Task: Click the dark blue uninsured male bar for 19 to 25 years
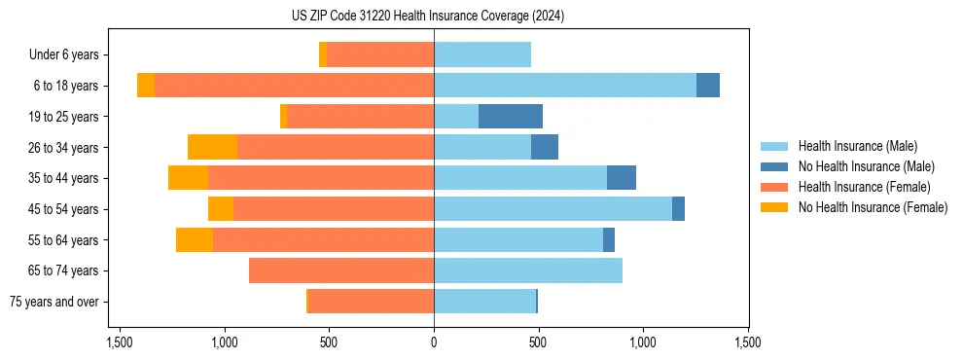click(511, 117)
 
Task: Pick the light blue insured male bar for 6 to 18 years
click(565, 86)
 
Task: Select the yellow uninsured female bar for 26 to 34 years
click(212, 147)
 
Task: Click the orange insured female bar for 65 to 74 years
click(341, 270)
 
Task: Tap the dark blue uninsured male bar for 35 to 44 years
click(622, 178)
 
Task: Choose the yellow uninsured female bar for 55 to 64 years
click(195, 239)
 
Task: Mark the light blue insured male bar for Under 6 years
click(482, 54)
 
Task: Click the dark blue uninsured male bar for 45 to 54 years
click(678, 209)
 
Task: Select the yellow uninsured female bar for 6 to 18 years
click(146, 86)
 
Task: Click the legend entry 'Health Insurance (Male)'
click(857, 146)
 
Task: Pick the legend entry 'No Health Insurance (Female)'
click(873, 207)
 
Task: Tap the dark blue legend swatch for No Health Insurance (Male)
click(774, 166)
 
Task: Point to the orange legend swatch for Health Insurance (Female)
click(774, 187)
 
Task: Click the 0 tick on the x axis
click(434, 342)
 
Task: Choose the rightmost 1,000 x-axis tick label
click(643, 342)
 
